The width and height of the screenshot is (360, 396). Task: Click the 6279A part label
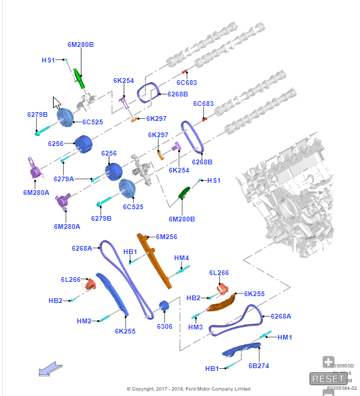pyautogui.click(x=64, y=179)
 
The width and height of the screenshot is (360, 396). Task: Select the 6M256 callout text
pyautogui.click(x=166, y=237)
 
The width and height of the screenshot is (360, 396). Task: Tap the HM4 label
pyautogui.click(x=181, y=258)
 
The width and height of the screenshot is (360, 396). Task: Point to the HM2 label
pyautogui.click(x=84, y=321)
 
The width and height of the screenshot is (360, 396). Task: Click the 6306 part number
pyautogui.click(x=164, y=327)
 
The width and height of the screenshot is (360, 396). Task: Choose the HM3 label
pyautogui.click(x=196, y=327)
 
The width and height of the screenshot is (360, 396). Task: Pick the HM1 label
pyautogui.click(x=285, y=338)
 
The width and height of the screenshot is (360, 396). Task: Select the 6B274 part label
pyautogui.click(x=259, y=366)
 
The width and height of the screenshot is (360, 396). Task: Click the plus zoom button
pyautogui.click(x=328, y=362)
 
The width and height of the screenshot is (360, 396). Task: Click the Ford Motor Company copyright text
pyautogui.click(x=188, y=389)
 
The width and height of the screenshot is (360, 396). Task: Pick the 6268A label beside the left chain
pyautogui.click(x=82, y=249)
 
